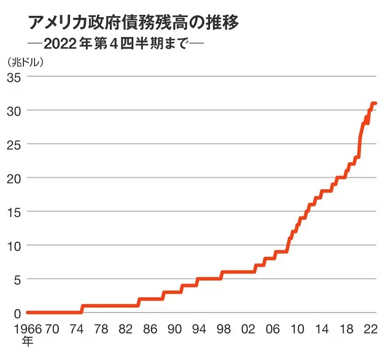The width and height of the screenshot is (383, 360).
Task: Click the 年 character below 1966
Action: pos(27,340)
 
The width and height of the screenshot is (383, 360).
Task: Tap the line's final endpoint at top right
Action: pos(375,103)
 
